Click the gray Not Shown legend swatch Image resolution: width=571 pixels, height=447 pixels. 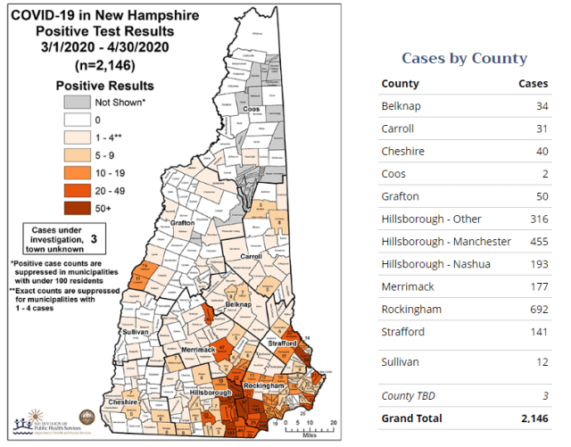click(76, 103)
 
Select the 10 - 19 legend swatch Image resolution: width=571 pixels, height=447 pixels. click(76, 171)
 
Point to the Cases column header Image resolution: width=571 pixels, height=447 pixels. click(534, 84)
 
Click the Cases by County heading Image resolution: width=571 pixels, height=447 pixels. click(464, 58)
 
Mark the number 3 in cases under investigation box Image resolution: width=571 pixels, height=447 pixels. click(92, 239)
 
